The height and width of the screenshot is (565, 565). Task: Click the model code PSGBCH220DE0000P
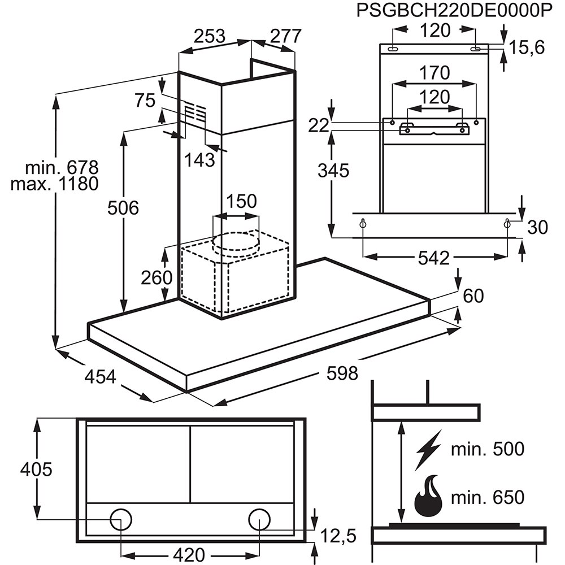454,11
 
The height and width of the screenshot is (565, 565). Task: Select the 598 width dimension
342,373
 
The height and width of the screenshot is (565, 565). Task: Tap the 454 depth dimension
101,376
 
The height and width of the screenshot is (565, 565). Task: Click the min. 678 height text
62,168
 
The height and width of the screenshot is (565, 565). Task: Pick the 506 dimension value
123,208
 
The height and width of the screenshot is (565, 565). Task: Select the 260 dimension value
157,277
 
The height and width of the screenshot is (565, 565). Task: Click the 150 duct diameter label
241,201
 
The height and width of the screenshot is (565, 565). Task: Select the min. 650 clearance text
488,498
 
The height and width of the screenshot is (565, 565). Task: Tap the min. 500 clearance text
488,449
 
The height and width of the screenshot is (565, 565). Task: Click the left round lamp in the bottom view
121,519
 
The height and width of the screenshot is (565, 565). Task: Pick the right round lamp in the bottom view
259,519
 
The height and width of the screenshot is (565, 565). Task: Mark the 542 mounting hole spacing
434,258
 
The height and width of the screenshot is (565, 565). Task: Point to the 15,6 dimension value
525,48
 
